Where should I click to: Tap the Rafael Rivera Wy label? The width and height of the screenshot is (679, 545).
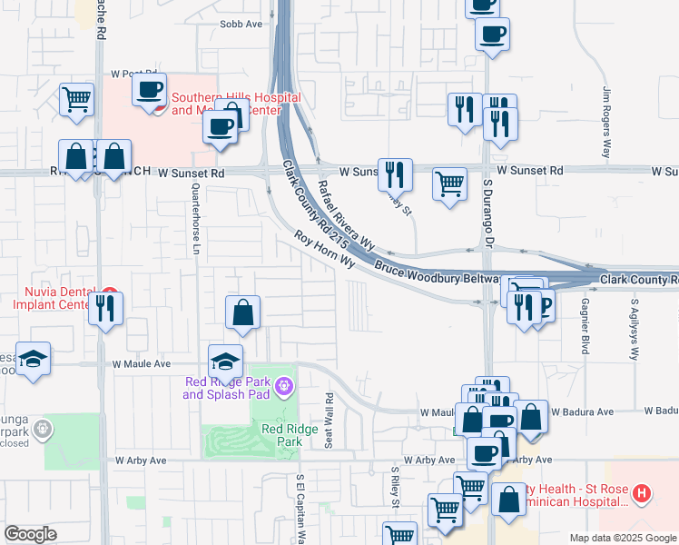(x=346, y=214)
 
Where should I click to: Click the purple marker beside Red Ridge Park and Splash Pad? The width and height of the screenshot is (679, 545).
(x=284, y=388)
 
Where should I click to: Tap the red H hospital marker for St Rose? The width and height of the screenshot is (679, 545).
(x=642, y=494)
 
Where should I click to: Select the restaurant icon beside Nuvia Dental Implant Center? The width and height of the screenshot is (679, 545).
(x=106, y=309)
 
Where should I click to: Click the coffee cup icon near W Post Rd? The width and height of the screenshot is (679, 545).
(x=150, y=90)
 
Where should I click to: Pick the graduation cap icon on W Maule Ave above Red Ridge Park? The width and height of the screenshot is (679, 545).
(x=226, y=361)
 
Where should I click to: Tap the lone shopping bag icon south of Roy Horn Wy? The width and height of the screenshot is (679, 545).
(x=243, y=312)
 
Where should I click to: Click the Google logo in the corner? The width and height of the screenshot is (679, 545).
(x=30, y=534)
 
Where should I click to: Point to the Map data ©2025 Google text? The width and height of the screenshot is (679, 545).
(x=623, y=538)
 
